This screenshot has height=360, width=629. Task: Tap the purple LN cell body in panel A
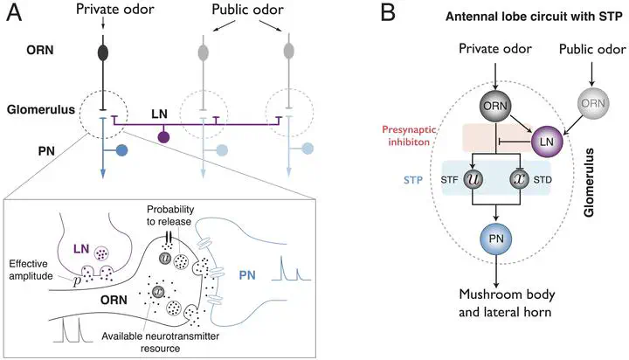coord(163,135)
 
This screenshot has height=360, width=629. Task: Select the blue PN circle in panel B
coord(496,238)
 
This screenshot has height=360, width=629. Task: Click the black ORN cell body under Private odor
coord(103,52)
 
